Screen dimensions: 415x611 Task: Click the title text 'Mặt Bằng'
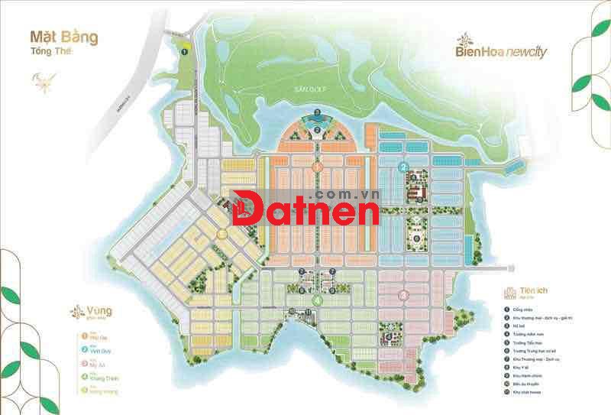[x=63, y=36]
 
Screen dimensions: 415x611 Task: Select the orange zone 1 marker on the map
[x=316, y=164]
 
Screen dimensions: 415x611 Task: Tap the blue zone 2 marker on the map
[x=404, y=167]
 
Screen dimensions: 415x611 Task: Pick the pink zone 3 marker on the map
[x=403, y=294]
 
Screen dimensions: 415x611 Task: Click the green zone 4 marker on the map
[x=316, y=300]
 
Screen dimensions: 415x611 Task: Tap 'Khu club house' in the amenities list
[x=529, y=394]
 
